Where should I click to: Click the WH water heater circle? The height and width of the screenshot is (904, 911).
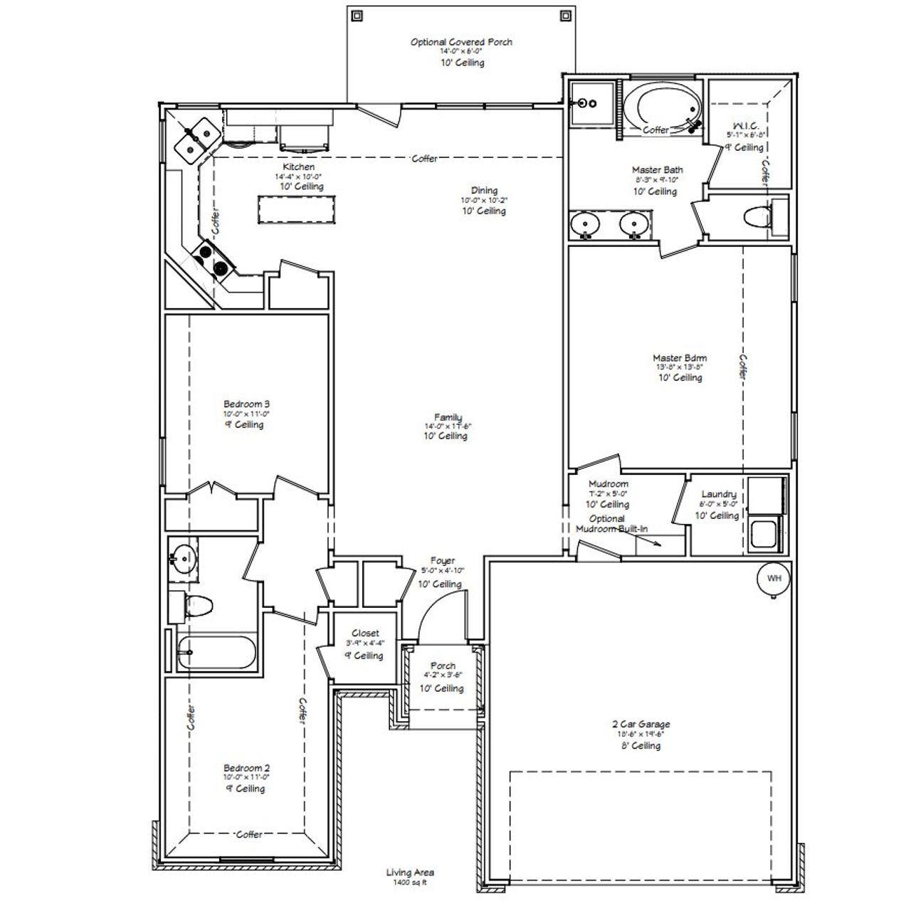(774, 578)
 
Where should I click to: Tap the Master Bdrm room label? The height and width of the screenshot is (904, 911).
(680, 358)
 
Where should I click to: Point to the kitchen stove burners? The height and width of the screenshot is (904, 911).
(213, 258)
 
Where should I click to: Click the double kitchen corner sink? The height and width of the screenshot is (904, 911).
(197, 138)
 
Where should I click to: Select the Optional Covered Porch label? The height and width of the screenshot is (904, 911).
(461, 42)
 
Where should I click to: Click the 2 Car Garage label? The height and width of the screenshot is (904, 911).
(641, 725)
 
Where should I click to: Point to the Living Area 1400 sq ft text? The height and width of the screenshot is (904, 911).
(410, 876)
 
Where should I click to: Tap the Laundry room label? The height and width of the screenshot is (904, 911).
(718, 494)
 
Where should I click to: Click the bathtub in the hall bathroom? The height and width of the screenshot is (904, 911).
(217, 652)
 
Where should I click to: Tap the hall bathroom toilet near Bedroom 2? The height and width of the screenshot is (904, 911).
(194, 606)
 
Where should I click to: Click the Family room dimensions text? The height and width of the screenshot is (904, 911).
(448, 426)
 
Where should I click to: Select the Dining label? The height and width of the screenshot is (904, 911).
(484, 190)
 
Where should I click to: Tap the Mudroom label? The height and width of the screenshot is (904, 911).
(609, 484)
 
